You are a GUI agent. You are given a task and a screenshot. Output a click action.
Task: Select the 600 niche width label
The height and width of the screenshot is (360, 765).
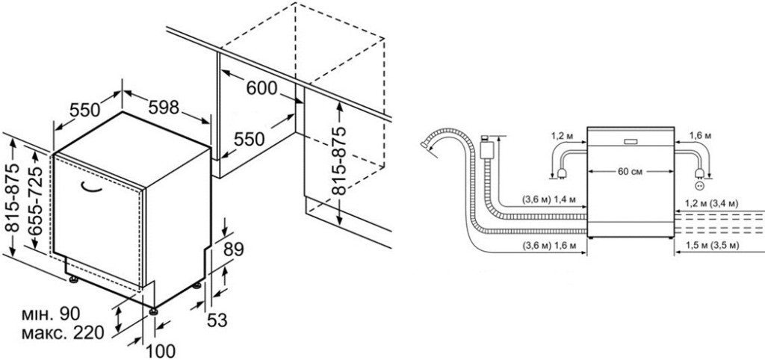(x=261, y=88)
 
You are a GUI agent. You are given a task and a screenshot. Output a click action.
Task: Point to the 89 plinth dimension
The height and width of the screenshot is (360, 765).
(x=234, y=249)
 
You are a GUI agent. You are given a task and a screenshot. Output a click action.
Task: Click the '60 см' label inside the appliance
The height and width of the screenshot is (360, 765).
(x=631, y=172)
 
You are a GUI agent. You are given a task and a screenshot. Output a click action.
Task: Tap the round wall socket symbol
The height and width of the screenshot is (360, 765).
(x=700, y=184)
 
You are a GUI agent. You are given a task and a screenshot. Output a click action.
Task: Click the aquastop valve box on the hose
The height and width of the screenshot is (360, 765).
(x=489, y=146)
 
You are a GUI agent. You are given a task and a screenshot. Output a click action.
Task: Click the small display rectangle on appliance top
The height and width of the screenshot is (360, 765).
(x=630, y=140)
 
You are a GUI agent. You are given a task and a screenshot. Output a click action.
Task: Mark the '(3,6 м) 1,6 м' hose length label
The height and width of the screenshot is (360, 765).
(x=548, y=246)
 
